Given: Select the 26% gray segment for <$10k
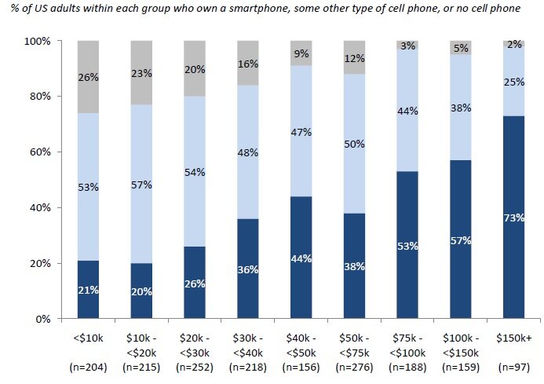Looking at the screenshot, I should click(87, 76).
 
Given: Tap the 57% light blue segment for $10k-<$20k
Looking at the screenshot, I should click(141, 185).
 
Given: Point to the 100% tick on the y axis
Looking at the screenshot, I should click(37, 41).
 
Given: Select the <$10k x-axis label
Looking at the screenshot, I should click(87, 337).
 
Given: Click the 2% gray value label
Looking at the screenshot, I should click(514, 45).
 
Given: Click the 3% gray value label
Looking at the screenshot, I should click(408, 46).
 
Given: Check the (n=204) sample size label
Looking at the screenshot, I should click(87, 368).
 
